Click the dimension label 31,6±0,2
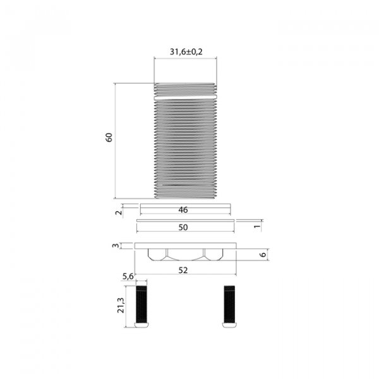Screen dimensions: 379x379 coord(186,52)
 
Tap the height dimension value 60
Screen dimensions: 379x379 coord(109,137)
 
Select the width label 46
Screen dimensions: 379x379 coord(183,210)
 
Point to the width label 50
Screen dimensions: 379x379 coord(183,227)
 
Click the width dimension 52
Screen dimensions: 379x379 coord(183,270)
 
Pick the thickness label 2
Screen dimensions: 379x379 coord(119,213)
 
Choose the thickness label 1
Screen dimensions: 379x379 coord(257,226)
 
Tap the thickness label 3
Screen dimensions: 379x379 coord(116,246)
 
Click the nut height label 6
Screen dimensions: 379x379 coord(263,255)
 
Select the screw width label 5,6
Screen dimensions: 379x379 coord(128,276)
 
